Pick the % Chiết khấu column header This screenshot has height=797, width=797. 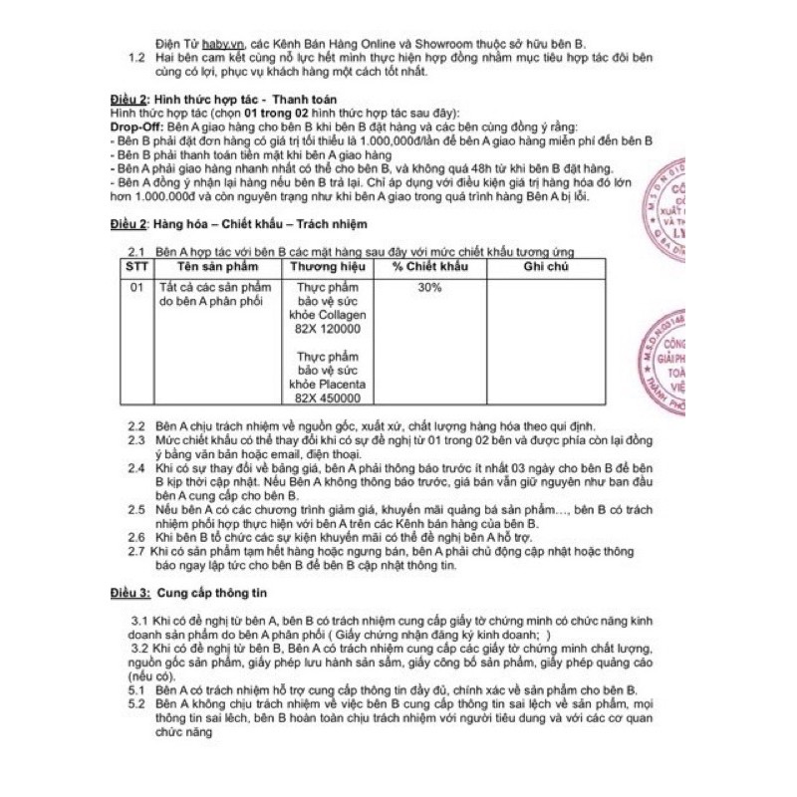pos(429,269)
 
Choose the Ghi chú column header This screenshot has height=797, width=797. pos(545,269)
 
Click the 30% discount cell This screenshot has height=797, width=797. pos(429,287)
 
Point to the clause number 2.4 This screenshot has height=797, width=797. pos(136,467)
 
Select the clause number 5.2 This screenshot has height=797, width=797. pos(136,703)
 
